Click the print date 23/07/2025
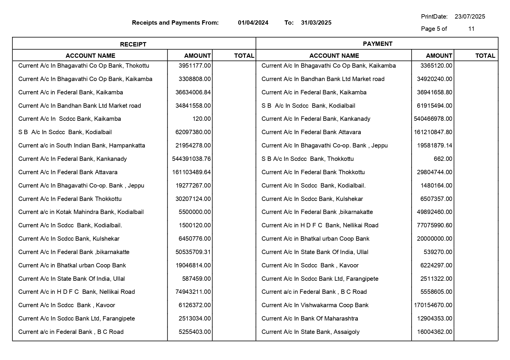470,17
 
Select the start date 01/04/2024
253,23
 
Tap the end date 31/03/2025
316,23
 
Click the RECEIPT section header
133,44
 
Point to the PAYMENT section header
377,44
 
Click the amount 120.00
201,119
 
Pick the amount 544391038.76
191,159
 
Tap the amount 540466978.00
433,119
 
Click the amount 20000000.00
434,239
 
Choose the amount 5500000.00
194,212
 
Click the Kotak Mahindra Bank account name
81,212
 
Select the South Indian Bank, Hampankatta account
81,145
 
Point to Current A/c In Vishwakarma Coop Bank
315,305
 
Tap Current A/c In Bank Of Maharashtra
309,318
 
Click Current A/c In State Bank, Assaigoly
310,332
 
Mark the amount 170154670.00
433,305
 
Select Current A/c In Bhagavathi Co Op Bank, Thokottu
83,66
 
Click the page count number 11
471,29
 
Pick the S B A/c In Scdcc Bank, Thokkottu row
307,159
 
